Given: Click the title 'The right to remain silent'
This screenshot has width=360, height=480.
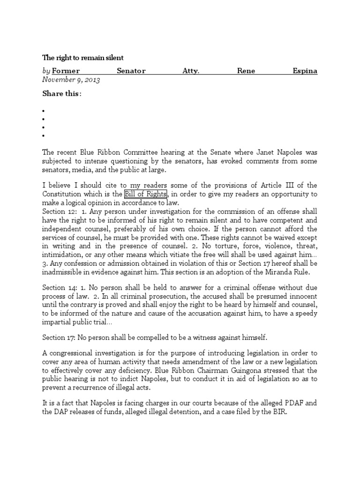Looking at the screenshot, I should click(83, 58).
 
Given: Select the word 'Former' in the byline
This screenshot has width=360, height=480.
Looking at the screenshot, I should click(66, 71).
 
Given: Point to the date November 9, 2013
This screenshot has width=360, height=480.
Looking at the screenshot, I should click(71, 80).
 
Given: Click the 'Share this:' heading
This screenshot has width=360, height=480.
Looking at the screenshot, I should click(62, 94).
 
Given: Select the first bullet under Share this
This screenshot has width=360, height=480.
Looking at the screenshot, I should click(43, 112).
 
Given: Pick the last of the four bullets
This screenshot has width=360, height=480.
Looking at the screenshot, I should click(43, 136).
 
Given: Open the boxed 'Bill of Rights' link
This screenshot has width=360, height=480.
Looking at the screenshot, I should click(145, 194).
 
